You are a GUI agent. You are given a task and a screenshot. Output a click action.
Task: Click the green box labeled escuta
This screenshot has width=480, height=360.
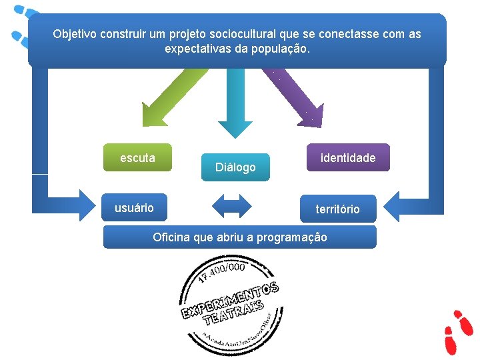[137, 158]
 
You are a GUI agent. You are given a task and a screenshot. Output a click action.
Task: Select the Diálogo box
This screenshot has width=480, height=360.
[235, 167]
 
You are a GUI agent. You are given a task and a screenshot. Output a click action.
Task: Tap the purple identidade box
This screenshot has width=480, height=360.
[348, 158]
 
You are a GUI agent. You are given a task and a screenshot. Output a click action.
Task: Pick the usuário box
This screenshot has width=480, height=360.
[134, 207]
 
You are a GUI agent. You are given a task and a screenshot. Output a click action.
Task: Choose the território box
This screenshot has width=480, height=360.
[337, 209]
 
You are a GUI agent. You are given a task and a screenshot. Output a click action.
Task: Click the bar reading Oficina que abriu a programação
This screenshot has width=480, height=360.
[239, 237]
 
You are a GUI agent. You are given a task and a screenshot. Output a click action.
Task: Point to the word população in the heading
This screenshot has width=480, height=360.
[281, 49]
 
